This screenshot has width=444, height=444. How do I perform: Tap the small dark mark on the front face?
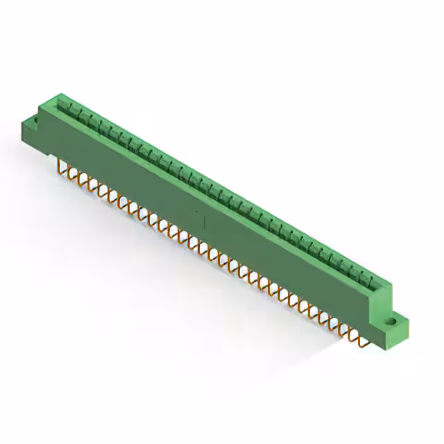coord(204,223)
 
